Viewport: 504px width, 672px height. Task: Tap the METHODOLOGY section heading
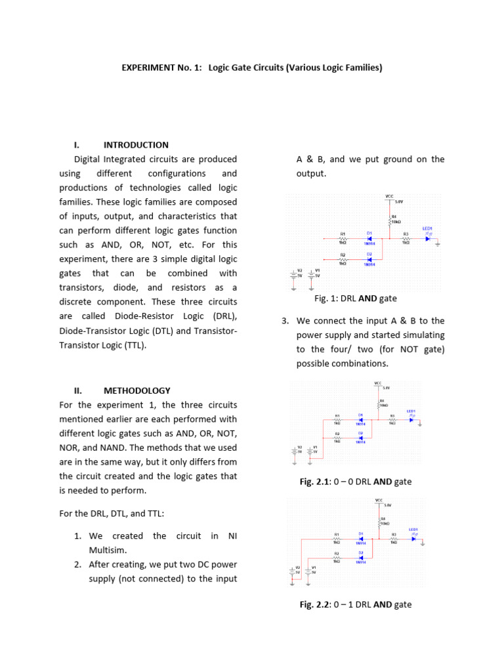136,390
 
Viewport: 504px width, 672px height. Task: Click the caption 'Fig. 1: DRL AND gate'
356,299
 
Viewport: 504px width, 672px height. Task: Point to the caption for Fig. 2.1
356,482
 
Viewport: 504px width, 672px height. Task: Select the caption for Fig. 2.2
356,604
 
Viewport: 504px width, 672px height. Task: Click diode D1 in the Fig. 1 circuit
369,238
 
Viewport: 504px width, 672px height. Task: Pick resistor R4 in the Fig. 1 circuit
390,221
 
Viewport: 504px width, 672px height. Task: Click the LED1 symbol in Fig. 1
429,238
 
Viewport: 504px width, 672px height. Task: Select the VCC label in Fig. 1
389,196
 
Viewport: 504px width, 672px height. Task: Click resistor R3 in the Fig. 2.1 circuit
392,419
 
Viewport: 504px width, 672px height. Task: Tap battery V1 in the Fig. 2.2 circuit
309,572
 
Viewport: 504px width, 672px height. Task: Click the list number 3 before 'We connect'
285,321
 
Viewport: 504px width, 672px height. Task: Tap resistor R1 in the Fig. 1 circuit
343,238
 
